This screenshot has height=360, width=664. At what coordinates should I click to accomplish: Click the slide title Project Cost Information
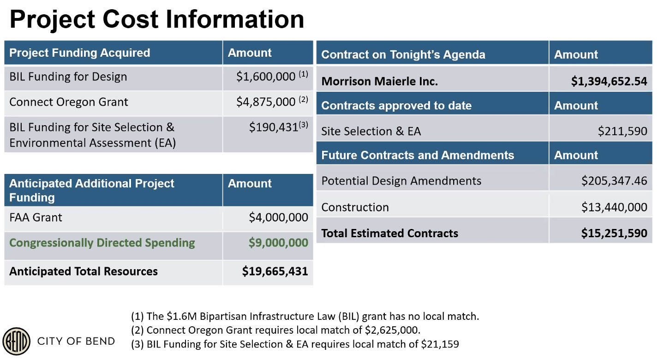tap(157, 19)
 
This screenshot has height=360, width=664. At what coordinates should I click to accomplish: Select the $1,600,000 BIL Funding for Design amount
tap(266, 77)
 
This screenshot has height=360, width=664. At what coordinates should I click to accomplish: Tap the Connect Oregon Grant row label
tap(69, 102)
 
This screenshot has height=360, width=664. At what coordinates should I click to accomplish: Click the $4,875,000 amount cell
tap(266, 102)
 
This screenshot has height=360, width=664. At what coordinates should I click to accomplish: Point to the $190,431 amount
tap(274, 127)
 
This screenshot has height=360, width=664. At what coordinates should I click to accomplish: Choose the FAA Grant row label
tap(36, 217)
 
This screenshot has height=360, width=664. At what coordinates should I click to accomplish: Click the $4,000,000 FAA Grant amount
tap(278, 217)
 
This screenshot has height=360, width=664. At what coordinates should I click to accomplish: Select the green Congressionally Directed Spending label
tap(102, 243)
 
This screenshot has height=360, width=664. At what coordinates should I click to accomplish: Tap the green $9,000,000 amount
tap(278, 243)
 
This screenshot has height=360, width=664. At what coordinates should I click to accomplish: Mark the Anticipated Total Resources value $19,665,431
tap(275, 271)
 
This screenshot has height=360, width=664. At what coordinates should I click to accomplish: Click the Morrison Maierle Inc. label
tap(379, 82)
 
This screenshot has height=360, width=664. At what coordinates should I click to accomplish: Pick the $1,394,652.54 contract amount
tap(609, 82)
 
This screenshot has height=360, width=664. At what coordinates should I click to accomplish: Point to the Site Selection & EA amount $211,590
tap(622, 132)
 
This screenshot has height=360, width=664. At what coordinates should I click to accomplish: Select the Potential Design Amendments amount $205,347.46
tap(614, 181)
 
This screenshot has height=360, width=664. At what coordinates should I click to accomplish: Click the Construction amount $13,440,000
tap(614, 208)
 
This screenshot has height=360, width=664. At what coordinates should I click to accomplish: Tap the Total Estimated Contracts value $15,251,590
tap(614, 234)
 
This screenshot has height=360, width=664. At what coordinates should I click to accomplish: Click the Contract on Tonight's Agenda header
tap(403, 55)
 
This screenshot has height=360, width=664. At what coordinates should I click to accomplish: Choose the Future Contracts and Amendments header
tap(417, 156)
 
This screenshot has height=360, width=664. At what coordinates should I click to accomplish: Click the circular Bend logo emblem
tap(17, 342)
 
